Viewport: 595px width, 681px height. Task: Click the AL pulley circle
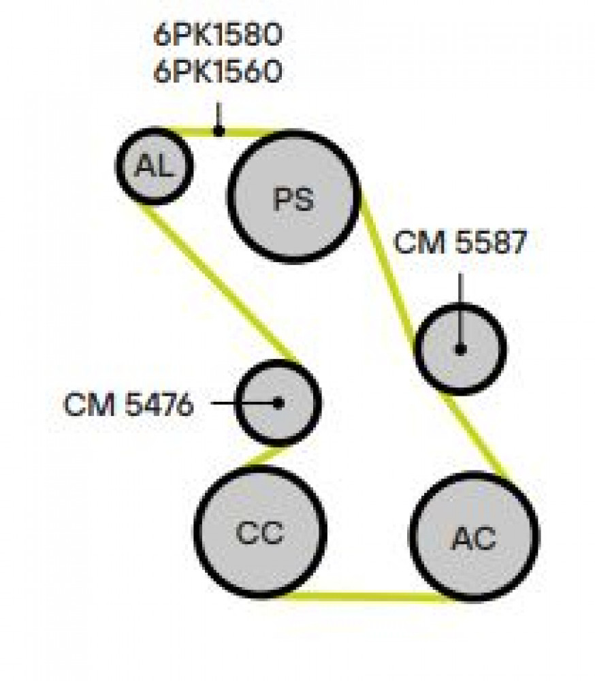coord(154,165)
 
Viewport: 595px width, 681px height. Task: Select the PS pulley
coord(294,196)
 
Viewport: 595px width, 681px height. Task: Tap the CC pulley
coord(260,532)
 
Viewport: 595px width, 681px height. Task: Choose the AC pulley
coord(475,537)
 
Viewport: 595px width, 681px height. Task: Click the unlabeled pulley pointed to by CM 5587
coord(461,349)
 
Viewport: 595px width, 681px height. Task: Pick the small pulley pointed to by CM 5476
coord(278,403)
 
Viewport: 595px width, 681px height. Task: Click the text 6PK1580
coord(218,35)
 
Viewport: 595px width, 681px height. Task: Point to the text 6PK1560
coord(218,72)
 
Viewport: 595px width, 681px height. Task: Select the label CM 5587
coord(460,242)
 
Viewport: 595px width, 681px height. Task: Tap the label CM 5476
coord(129,405)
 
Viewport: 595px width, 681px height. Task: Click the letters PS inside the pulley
coord(293,199)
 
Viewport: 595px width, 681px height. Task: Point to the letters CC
coord(259,532)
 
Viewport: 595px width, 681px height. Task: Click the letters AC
coord(474,538)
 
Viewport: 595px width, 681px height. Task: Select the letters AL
coord(153,165)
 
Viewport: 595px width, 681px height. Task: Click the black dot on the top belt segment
coord(219,130)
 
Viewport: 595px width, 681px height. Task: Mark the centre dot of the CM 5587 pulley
coord(461,349)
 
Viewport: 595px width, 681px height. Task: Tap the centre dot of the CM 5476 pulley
coord(278,403)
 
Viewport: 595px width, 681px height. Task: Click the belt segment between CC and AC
coord(369,597)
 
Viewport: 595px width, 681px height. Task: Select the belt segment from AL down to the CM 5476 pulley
coord(219,283)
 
